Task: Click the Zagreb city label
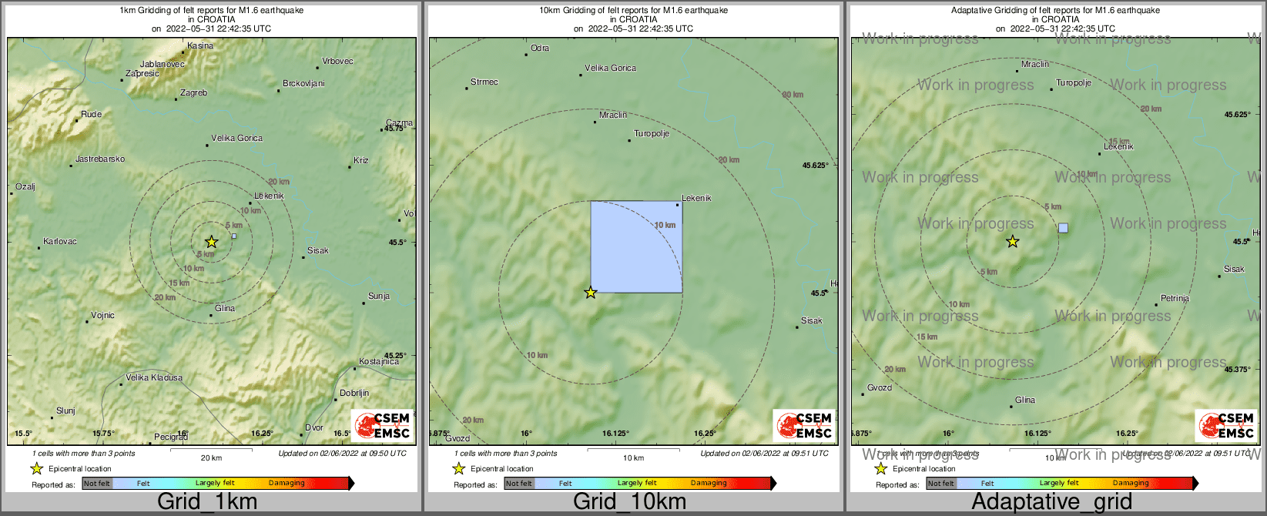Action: click(193, 93)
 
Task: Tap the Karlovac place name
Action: click(60, 242)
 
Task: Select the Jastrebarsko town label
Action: click(99, 159)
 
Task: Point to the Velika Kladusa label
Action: click(154, 378)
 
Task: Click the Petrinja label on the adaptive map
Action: click(1175, 299)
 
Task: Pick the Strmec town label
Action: click(484, 82)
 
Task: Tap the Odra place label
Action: click(540, 49)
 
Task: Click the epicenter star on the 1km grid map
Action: click(211, 242)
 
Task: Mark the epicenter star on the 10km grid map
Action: click(591, 293)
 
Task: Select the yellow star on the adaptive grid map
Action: click(1013, 242)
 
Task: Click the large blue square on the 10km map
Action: click(636, 247)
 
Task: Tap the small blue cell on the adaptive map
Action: click(1064, 228)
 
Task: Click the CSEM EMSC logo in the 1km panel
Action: click(382, 426)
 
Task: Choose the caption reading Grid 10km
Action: click(629, 502)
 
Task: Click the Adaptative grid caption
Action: click(1051, 502)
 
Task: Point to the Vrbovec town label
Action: click(337, 62)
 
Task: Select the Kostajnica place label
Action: click(379, 362)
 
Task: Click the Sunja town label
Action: click(378, 297)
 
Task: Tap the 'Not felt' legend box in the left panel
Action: click(97, 484)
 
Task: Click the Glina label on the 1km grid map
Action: click(225, 309)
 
